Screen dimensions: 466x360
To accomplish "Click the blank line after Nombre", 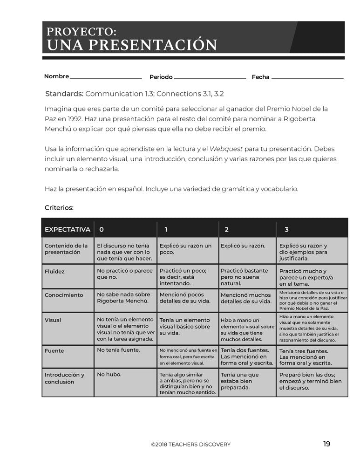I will [106, 78].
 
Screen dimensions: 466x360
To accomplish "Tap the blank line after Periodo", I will [210, 78].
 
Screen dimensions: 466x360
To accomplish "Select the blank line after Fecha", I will [307, 78].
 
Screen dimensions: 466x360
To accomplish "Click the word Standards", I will [64, 94].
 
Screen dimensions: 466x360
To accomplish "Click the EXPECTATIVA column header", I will [67, 229].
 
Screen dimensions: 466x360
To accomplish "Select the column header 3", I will [286, 229].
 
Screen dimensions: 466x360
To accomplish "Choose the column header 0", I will [102, 229].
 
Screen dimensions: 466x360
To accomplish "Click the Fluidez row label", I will [54, 271].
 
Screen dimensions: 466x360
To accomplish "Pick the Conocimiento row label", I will [64, 295].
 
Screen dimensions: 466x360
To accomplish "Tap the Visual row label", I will [53, 320].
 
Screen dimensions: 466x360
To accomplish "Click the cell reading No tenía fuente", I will [118, 349].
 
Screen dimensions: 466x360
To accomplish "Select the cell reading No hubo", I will [107, 374].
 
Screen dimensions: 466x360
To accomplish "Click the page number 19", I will [326, 444].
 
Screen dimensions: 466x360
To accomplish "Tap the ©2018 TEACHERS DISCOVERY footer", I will [190, 445].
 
